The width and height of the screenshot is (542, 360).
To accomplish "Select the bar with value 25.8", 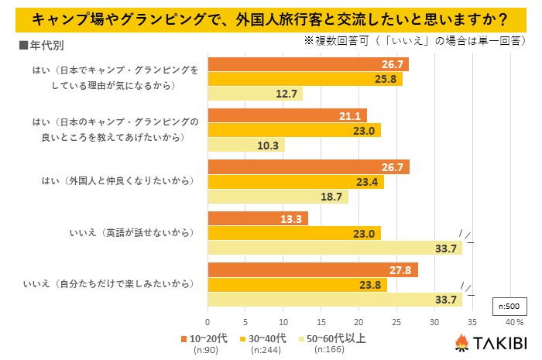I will pos(305,79).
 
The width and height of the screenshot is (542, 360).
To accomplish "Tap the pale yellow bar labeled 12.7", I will pos(255,94).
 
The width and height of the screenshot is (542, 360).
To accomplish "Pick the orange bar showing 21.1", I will pos(287,115).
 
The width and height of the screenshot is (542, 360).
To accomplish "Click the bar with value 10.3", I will pos(246,145).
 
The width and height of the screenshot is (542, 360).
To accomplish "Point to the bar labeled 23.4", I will pos(296,182).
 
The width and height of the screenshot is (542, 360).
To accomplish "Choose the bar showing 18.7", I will pos(278,197).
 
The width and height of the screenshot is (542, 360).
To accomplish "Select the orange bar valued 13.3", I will pos(258,218).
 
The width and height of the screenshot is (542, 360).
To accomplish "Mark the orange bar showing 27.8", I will pos(313,269).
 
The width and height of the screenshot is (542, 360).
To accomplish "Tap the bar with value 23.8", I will pos(297,284).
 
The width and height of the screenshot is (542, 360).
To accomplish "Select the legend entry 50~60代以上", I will pos(337,338).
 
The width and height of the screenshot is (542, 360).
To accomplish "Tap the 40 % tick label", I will pos(514,321).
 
